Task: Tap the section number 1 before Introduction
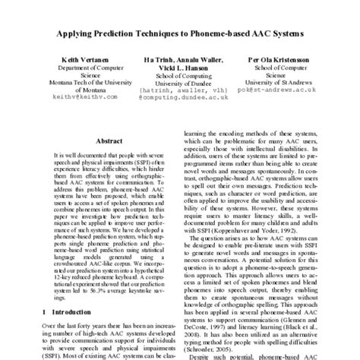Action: point(44,311)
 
